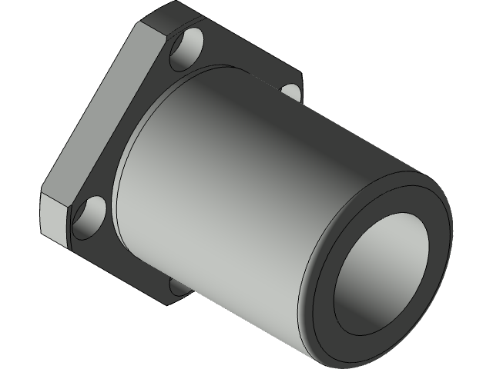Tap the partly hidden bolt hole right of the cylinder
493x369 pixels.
coord(291,91)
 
